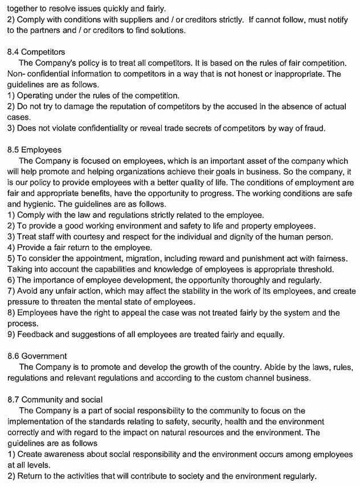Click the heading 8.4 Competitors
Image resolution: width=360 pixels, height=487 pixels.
click(36, 52)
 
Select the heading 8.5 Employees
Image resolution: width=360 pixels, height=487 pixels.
click(34, 150)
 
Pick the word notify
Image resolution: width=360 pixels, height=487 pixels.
click(336, 20)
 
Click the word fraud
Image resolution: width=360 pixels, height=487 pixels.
click(313, 128)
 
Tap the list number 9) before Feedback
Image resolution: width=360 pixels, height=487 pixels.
click(11, 334)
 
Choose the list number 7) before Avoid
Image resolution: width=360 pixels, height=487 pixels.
click(11, 290)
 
